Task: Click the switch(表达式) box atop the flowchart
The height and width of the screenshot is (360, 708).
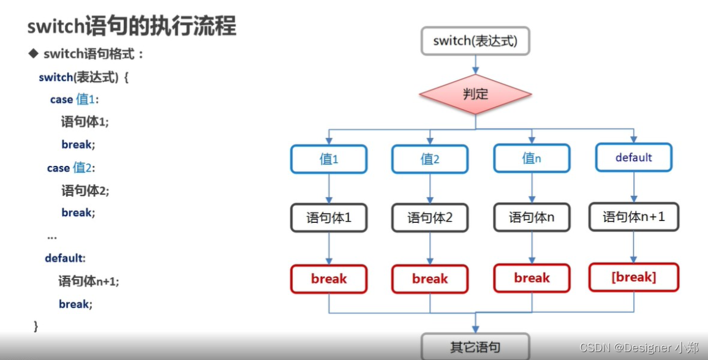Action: coord(475,41)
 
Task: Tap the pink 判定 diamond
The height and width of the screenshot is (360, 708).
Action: coord(475,94)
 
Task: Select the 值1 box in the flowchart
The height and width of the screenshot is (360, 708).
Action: coord(329,159)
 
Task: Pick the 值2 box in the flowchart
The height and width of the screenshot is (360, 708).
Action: coord(430,159)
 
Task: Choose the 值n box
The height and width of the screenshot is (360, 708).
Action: coord(532,159)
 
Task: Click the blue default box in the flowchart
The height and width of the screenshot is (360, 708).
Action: coord(633,157)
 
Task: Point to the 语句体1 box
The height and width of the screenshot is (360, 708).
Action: coord(329,218)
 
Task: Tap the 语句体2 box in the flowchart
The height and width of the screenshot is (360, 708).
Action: coord(430,218)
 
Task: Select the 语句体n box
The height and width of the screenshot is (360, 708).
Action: coord(532,217)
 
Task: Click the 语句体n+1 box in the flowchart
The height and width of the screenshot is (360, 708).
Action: coord(633,217)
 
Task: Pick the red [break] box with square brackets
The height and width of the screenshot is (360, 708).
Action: coord(633,277)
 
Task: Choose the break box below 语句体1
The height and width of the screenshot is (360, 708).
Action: coord(329,279)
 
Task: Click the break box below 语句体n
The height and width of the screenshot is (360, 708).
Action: coord(532,278)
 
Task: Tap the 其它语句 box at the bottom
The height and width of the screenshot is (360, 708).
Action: coord(475,347)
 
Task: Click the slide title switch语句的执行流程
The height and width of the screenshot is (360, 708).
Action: coord(132,26)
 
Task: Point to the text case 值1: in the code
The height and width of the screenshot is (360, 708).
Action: coord(75,99)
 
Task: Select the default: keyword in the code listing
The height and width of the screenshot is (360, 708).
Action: coord(65,258)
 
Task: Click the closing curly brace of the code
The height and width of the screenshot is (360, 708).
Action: coord(36,326)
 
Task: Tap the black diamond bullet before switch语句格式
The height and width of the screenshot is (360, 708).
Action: coord(34,54)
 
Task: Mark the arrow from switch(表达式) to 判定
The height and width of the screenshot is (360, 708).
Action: coord(475,64)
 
